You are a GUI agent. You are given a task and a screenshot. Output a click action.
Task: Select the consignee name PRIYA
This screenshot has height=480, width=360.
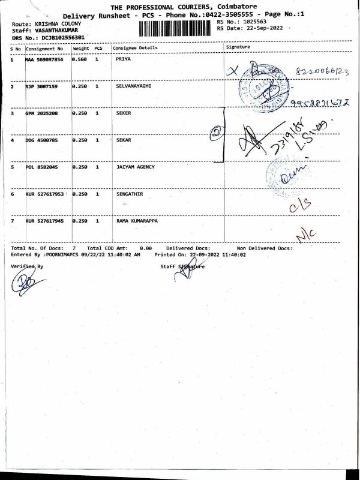pos(123,59)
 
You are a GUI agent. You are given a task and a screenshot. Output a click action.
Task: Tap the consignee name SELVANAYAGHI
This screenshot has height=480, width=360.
pos(133,86)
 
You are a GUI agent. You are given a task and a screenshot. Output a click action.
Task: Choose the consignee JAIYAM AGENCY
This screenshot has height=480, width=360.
pos(135,167)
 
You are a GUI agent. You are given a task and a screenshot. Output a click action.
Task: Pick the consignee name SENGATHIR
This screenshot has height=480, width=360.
pos(130,194)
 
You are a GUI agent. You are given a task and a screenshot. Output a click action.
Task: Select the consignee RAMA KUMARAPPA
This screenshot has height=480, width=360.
pos(137,221)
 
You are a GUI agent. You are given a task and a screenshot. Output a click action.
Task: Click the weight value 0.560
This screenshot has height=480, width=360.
pos(80,60)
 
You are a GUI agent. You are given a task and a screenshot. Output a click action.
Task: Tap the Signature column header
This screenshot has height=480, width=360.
pos(238,47)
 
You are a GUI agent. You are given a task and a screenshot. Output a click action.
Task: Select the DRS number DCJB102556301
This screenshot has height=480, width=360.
pos(62,37)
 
